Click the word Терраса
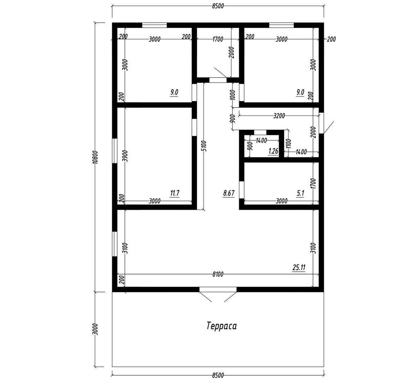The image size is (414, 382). coord(221,326)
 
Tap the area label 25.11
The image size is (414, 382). coord(299,267)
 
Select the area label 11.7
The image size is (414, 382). coord(175,193)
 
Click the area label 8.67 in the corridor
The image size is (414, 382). coord(229,193)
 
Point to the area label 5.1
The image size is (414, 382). coord(301,193)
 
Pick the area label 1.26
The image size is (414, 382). coord(273,151)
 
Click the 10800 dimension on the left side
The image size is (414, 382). coord(96,157)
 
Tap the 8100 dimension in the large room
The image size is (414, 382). coord(218,274)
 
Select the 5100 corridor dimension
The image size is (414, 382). coord(204,146)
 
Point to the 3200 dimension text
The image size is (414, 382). coord(279,116)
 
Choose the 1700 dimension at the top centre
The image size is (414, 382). coord(218,39)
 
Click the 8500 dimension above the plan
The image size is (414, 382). coord(218,6)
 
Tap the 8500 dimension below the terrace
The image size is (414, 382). coord(218,375)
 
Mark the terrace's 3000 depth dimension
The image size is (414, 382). coord(96,329)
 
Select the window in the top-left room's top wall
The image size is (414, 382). coord(154,25)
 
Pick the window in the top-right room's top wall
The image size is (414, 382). coord(282,25)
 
